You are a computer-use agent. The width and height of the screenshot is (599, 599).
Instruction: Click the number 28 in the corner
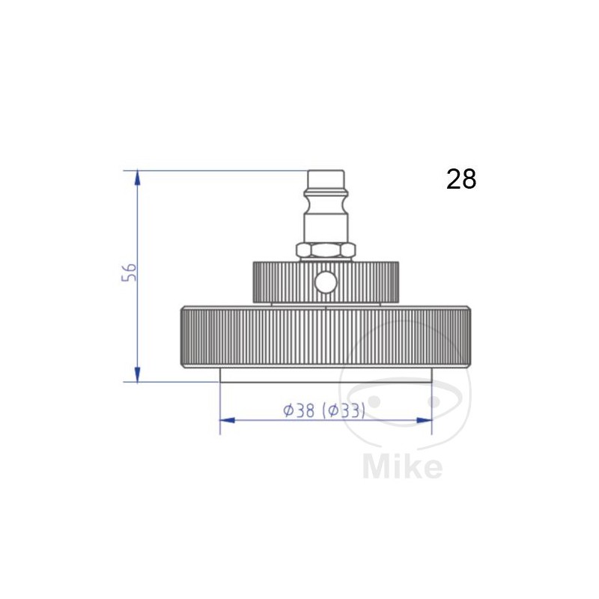point(461,179)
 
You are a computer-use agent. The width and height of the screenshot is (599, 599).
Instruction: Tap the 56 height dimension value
point(128,273)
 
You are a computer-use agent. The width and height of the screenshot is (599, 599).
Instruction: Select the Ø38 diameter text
point(299,410)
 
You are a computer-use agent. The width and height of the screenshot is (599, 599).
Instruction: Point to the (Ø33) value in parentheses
point(343,410)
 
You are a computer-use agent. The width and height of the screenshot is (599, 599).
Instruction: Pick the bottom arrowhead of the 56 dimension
point(137,374)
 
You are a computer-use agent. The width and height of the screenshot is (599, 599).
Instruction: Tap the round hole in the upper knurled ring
point(325,282)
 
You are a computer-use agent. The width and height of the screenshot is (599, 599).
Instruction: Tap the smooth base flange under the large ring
point(325,374)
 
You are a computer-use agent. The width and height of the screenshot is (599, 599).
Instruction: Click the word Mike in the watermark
point(402,466)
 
